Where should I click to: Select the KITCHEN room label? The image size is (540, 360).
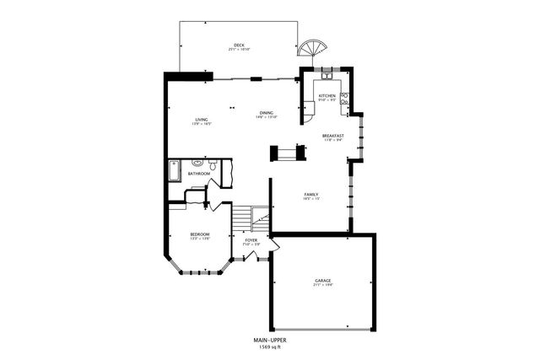pos(327,96)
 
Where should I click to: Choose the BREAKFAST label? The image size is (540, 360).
pos(333,136)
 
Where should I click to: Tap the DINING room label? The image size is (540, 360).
pos(266,113)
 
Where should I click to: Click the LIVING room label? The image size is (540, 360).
pos(202,120)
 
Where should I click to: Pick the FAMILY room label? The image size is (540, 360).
pos(310,194)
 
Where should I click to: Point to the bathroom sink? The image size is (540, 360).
pos(197,163)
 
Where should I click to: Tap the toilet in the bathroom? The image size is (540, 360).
pos(213,166)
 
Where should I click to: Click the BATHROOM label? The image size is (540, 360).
pos(199,174)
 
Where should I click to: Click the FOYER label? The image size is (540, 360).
pos(251,240)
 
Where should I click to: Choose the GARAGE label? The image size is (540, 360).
pos(323,280)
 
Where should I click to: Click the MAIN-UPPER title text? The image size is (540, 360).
pos(271,340)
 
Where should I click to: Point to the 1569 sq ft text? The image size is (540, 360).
pos(271,347)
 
